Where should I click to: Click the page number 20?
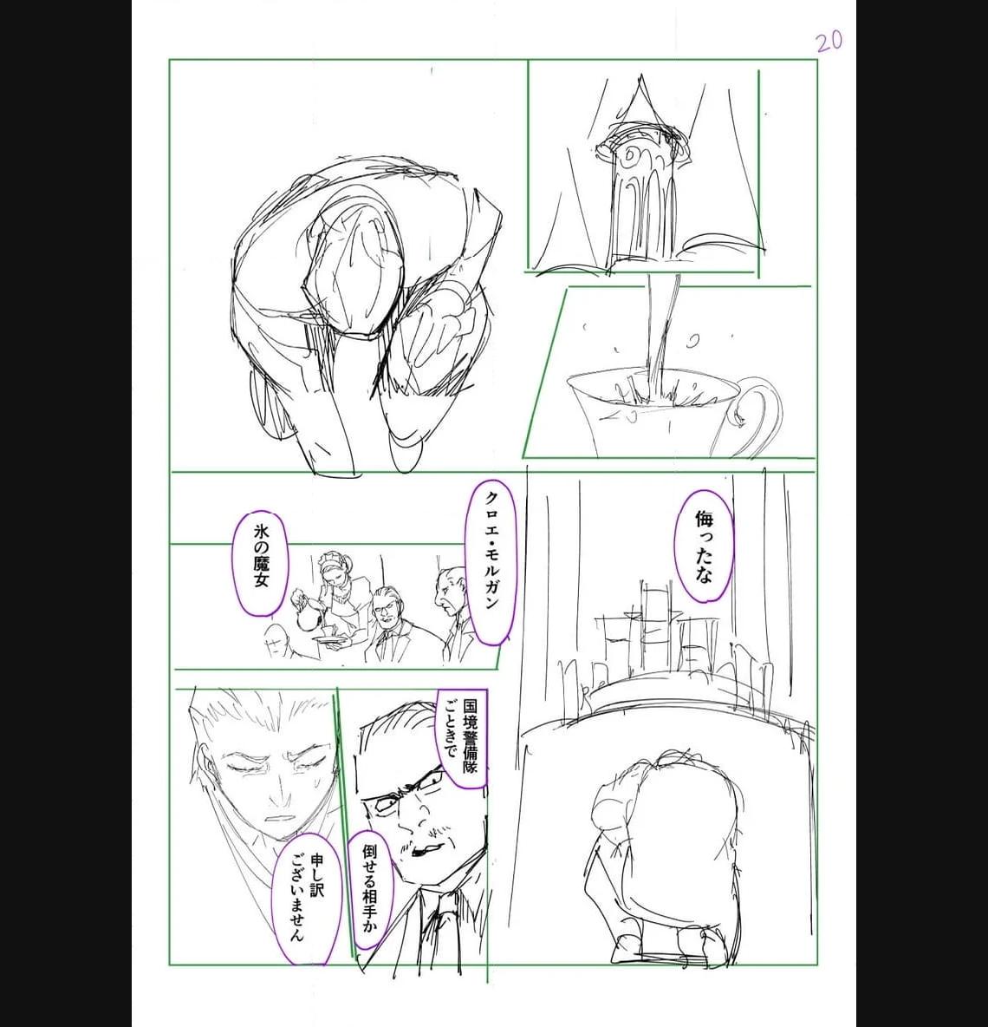click(x=829, y=42)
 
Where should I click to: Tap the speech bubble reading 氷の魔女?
click(x=260, y=564)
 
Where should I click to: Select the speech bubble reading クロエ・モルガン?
click(x=490, y=561)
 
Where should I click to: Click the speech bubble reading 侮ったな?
click(x=704, y=546)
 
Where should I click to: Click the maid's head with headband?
click(x=335, y=567)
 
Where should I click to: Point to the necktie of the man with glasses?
click(x=444, y=925)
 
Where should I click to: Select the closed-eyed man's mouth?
click(x=280, y=818)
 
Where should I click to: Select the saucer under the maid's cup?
click(x=327, y=638)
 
